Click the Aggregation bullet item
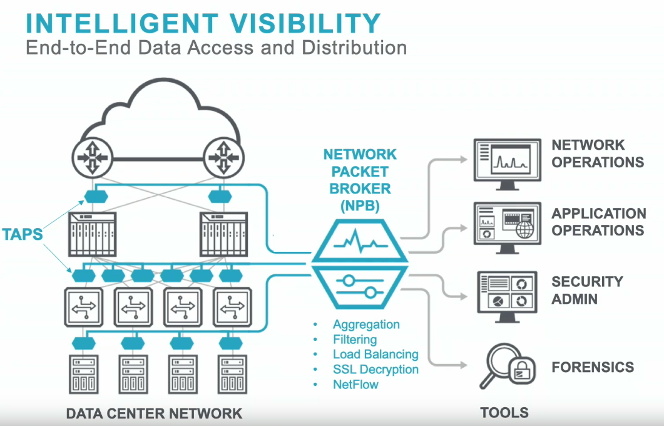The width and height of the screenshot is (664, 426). (366, 325)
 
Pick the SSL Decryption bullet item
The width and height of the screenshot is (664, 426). (375, 370)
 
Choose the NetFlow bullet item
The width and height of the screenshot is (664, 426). (355, 385)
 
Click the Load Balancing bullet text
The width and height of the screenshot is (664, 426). (375, 355)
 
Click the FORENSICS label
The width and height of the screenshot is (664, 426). (593, 368)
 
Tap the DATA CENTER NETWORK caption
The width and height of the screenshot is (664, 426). (154, 413)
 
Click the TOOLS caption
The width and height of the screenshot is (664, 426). (504, 413)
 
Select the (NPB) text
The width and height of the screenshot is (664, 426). (360, 205)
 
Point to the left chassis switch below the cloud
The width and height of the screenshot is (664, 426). (91, 232)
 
